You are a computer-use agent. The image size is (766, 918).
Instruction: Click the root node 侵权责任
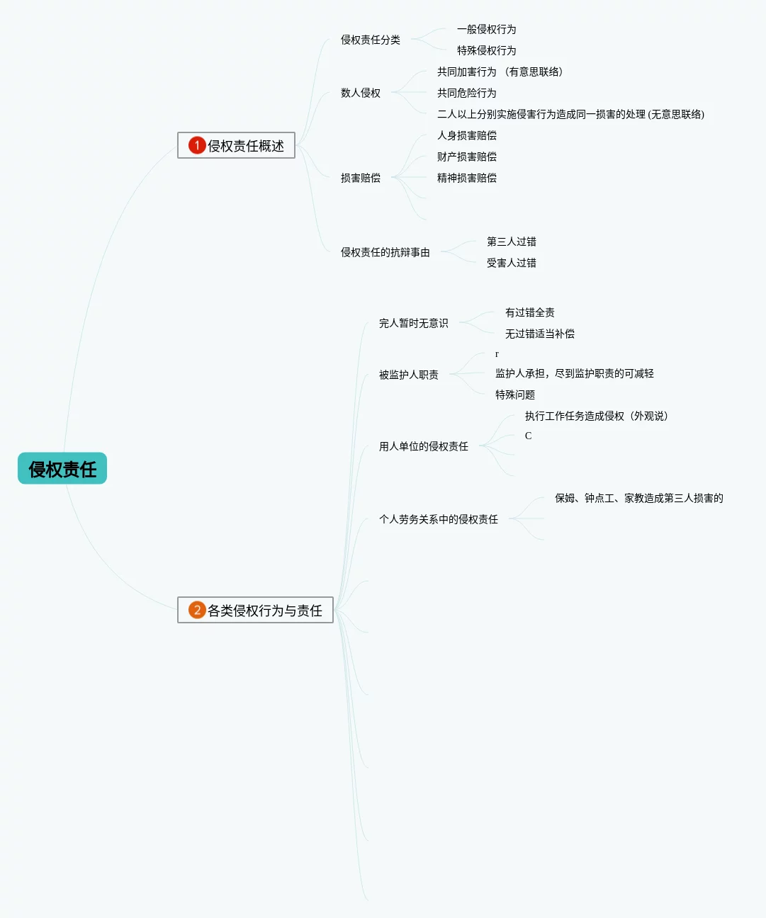coord(62,469)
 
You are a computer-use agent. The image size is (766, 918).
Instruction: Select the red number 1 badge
coord(197,145)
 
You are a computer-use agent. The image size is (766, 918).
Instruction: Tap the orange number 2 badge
coord(197,610)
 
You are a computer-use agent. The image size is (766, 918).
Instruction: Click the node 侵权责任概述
coord(245,146)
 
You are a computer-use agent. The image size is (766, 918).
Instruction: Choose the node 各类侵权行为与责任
coord(264,611)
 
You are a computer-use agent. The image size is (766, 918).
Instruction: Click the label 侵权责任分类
coord(370,40)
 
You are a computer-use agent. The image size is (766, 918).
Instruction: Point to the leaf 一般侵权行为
coord(486,29)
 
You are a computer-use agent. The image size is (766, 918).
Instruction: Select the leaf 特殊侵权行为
coord(486,50)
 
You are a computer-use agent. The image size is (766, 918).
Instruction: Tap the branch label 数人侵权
coord(360,93)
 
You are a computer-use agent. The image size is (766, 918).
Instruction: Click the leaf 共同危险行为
coord(466,93)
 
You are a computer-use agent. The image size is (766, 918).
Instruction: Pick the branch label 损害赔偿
coord(360,178)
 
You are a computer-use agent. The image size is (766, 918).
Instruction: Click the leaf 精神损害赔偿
coord(466,178)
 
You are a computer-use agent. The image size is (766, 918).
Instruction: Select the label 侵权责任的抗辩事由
coord(385,252)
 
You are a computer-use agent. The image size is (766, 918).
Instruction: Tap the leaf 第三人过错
coord(511,242)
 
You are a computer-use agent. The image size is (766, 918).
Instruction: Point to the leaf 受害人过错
coord(511,263)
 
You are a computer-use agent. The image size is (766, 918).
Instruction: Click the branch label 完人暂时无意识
coord(413,323)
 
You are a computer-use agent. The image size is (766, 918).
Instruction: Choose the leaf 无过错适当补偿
coord(539,334)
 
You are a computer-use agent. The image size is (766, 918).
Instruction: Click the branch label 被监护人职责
coord(408,375)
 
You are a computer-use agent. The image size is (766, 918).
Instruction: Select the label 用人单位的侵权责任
coord(423,446)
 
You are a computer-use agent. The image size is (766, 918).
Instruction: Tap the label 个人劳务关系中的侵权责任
coord(438,519)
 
